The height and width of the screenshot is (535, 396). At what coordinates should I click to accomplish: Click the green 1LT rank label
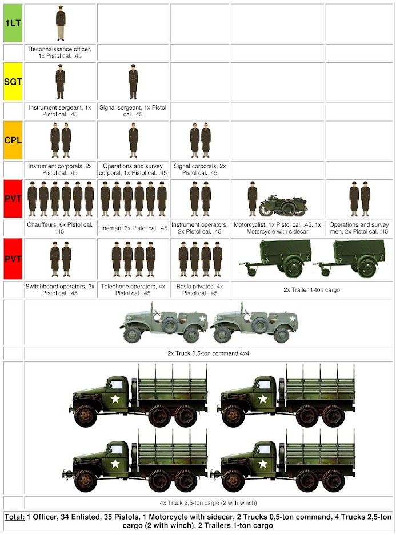point(13,23)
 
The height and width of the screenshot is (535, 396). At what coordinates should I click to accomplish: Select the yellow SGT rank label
point(13,82)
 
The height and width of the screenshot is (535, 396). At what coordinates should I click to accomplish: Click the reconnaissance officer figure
point(60,23)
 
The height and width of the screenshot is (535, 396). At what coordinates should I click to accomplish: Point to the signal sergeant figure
point(133,82)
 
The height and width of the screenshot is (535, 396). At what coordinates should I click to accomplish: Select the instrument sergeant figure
point(60,82)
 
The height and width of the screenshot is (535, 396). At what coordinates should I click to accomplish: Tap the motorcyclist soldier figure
point(252,199)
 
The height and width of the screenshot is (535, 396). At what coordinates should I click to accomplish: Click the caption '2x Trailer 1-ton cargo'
point(312,289)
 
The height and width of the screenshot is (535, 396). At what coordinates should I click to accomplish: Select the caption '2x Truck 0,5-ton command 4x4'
point(209,353)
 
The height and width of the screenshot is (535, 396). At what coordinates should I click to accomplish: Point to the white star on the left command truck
point(202,318)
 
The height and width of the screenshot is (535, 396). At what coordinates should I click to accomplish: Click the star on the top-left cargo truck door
point(115,399)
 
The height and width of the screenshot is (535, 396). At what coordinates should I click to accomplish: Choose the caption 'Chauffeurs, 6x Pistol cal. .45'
point(60,228)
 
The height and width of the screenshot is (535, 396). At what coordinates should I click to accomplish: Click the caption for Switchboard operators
point(60,289)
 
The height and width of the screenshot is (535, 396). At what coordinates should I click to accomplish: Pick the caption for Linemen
point(133,228)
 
